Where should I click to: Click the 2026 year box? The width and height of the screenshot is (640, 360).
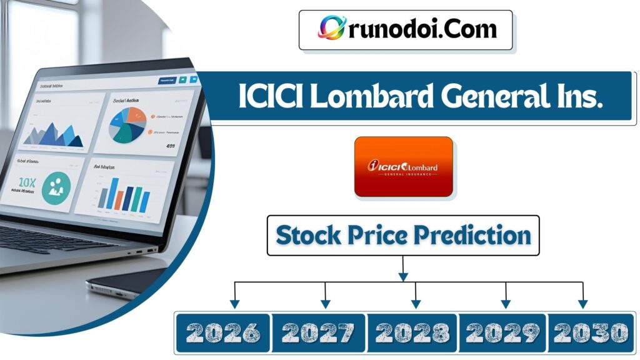pyautogui.click(x=223, y=332)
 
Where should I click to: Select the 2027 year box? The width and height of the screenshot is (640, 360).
pyautogui.click(x=319, y=332)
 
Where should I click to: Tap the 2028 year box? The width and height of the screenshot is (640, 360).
pyautogui.click(x=412, y=332)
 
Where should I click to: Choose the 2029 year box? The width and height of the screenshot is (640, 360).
pyautogui.click(x=503, y=332)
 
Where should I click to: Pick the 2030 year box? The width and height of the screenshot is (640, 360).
pyautogui.click(x=590, y=332)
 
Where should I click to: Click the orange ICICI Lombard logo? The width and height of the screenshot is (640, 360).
pyautogui.click(x=403, y=167)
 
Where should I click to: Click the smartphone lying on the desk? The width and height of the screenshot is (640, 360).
pyautogui.click(x=125, y=282)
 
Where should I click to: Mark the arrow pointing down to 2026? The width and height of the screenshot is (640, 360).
pyautogui.click(x=235, y=303)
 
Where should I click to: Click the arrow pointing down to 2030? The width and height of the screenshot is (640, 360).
pyautogui.click(x=582, y=303)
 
